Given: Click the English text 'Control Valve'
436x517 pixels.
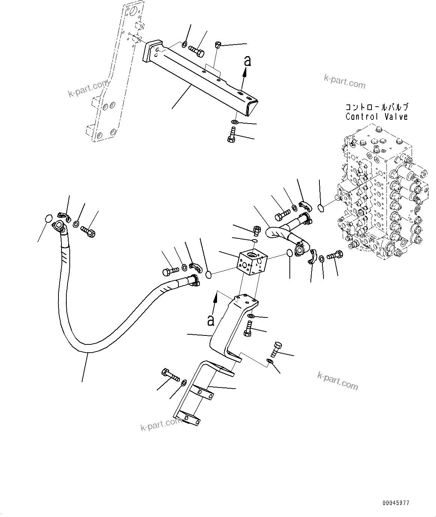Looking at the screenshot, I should pos(376,116).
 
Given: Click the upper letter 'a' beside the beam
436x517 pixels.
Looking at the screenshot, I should pos(247,61).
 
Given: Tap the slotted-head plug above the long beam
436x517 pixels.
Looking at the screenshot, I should pos(219,45).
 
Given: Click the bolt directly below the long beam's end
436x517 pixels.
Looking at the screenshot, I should pos(232,135).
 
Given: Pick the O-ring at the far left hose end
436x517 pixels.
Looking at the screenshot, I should pos(48,218).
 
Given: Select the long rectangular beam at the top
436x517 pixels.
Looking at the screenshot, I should pos(202,75).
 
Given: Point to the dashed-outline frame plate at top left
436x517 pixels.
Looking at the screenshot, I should pos(112,75).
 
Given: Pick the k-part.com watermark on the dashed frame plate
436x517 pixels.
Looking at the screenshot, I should pos(88,89).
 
